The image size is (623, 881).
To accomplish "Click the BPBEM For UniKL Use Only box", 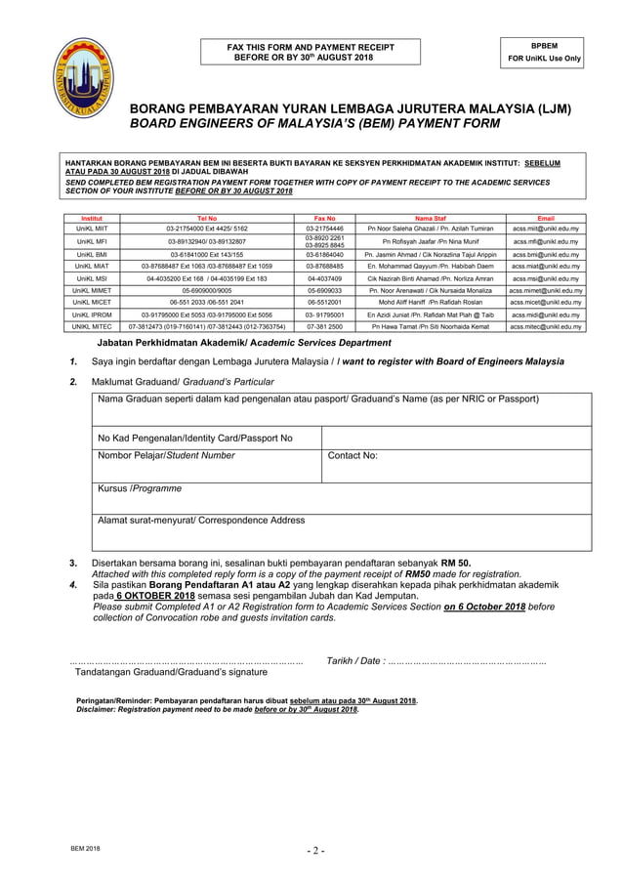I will (544, 51).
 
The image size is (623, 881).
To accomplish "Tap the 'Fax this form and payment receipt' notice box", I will (311, 52).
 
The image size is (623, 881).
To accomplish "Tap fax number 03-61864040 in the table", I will (323, 254).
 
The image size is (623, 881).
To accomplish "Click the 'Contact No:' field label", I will (353, 455).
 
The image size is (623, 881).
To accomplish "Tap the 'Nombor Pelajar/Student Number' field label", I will (165, 455).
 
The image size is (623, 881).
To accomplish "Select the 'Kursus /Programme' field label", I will (139, 488).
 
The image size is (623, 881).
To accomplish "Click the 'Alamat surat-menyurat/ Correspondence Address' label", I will (200, 521).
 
